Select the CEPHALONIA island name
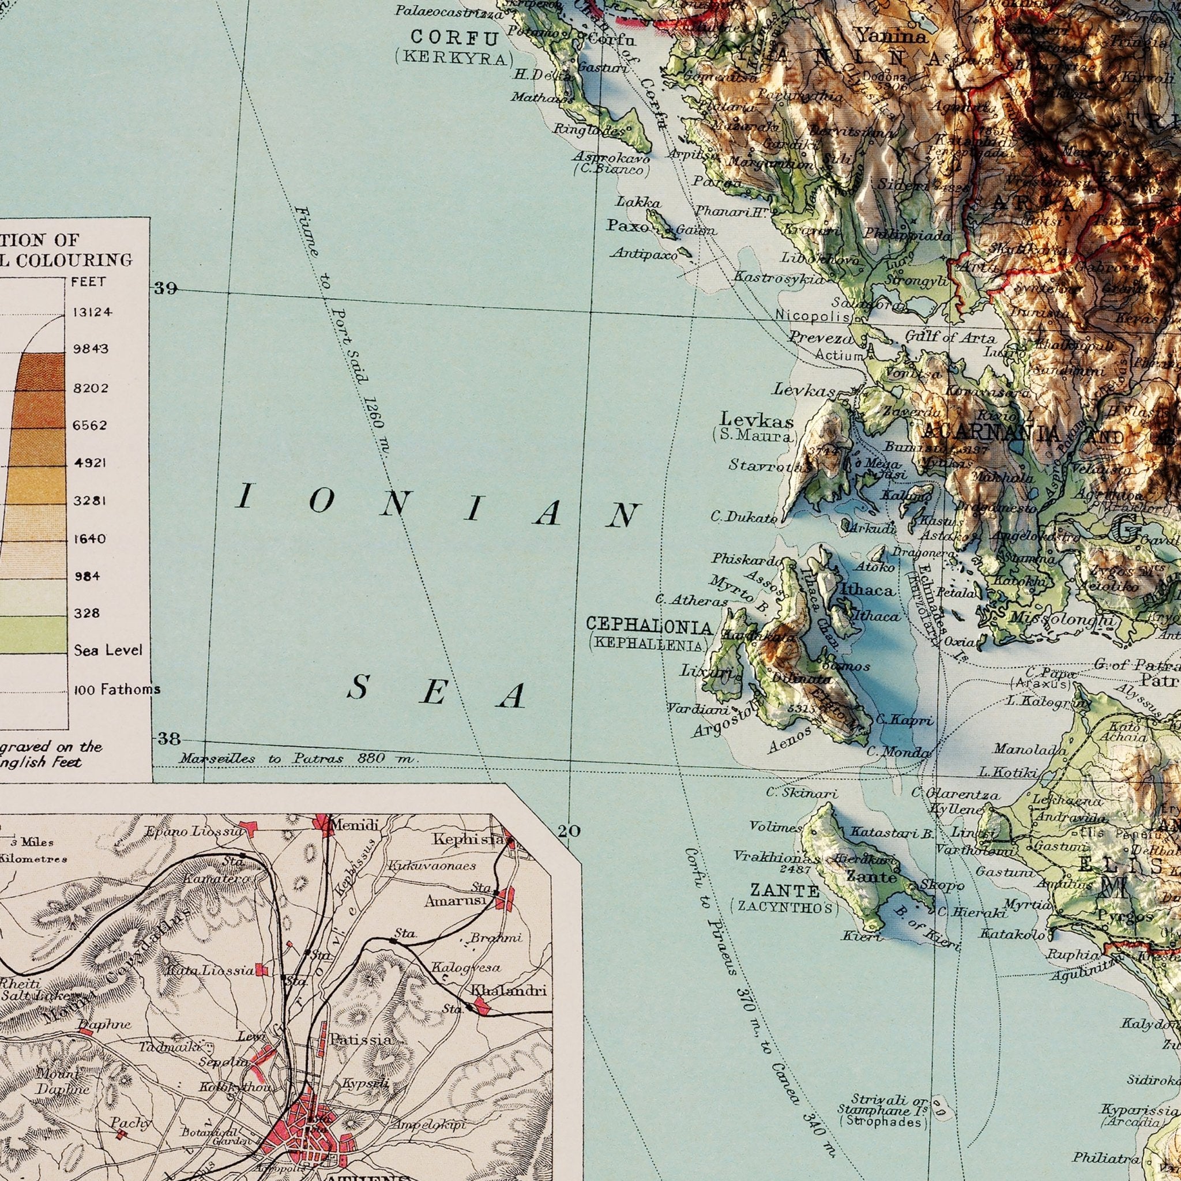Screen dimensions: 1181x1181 (x=649, y=626)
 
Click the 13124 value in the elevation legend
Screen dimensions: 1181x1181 (x=92, y=313)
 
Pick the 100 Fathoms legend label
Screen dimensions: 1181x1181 (x=116, y=690)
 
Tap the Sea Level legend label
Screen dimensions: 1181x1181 (x=108, y=650)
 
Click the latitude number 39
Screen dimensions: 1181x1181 (x=166, y=288)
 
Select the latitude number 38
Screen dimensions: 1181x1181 (x=170, y=739)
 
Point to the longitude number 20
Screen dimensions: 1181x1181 (x=569, y=831)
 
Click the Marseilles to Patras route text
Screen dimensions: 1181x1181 (x=299, y=759)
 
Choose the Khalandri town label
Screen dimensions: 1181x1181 (x=509, y=991)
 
